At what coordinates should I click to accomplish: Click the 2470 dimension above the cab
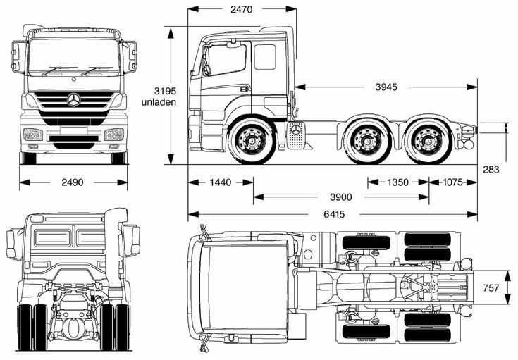(x=241, y=9)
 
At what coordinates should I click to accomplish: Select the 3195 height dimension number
(x=165, y=91)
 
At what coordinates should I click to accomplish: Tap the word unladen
(x=159, y=102)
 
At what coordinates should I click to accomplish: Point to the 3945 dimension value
(x=386, y=87)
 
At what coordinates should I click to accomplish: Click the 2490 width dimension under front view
(x=73, y=182)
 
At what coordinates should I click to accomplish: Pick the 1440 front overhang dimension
(x=220, y=182)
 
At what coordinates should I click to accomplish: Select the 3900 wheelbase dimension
(x=341, y=197)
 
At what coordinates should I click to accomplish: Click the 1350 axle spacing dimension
(x=397, y=182)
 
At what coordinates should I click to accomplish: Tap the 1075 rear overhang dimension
(x=452, y=182)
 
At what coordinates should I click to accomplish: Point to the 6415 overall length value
(x=334, y=214)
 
